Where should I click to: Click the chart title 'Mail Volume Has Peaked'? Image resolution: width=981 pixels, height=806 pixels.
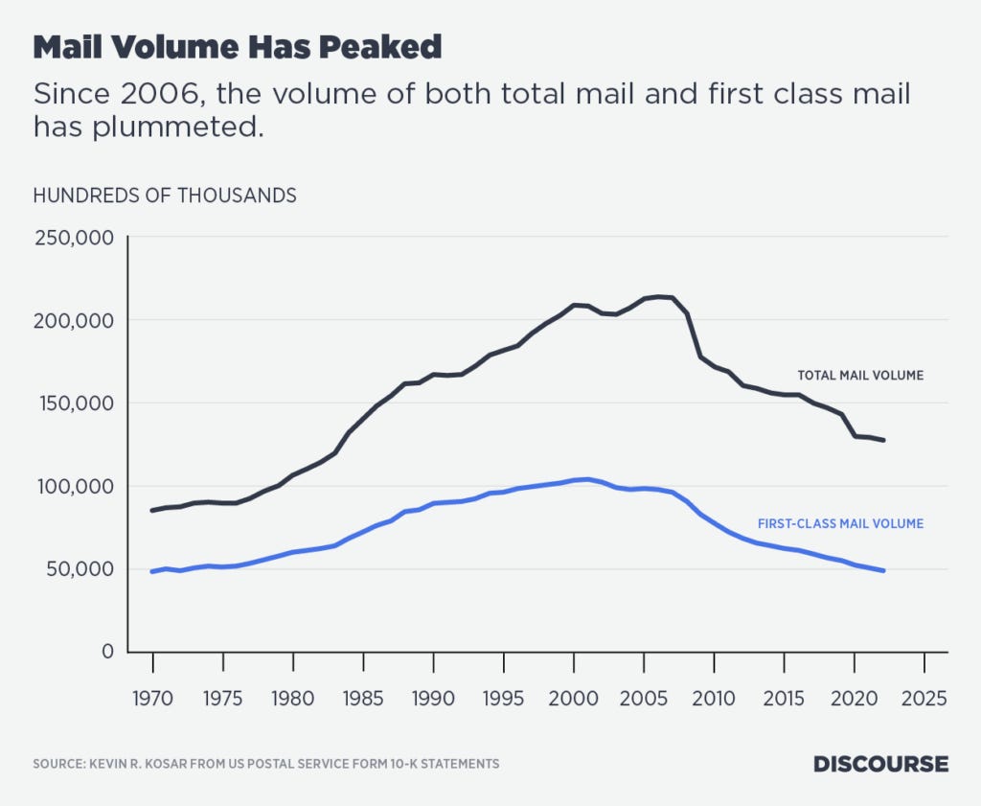pos(238,46)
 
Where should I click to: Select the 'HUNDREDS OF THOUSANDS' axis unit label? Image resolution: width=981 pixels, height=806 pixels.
pos(165,196)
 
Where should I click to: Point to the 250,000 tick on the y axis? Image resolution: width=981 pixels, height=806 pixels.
pos(74,237)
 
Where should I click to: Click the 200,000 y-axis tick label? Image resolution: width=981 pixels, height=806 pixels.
pos(74,320)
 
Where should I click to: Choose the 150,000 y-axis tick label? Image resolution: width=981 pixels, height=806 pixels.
pos(74,403)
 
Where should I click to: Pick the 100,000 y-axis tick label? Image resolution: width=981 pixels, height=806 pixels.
pos(74,486)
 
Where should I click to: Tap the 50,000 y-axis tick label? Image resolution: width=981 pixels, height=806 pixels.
pos(79,568)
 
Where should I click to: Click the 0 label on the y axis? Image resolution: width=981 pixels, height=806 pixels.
pos(107,652)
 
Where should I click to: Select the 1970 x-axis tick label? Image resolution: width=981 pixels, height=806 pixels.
pos(152,697)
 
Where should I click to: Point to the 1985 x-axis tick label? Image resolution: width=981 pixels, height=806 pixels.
pos(363,697)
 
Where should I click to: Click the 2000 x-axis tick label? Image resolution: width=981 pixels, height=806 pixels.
pos(573,697)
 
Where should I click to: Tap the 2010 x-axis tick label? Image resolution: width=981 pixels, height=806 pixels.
pos(714,697)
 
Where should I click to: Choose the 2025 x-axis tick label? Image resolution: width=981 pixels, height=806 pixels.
pos(924,697)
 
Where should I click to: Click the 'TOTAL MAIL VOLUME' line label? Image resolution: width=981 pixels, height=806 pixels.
pos(860,376)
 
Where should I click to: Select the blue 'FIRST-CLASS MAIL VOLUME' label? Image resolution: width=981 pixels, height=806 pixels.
pos(840,523)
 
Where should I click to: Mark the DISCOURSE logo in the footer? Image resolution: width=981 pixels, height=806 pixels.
pos(880,764)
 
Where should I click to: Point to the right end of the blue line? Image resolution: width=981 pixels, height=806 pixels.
pos(883,570)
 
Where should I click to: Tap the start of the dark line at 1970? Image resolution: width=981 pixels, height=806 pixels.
pos(152,510)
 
